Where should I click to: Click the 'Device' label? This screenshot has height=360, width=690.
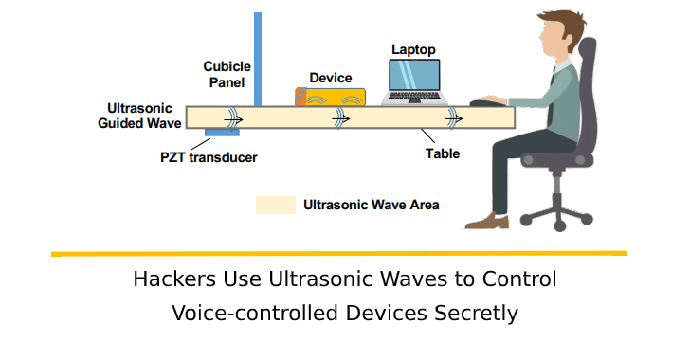click(331, 78)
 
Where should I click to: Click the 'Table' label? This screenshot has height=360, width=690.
click(442, 153)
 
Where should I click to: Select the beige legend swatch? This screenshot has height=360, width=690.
click(274, 204)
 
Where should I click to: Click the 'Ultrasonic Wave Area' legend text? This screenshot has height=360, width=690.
click(371, 204)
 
